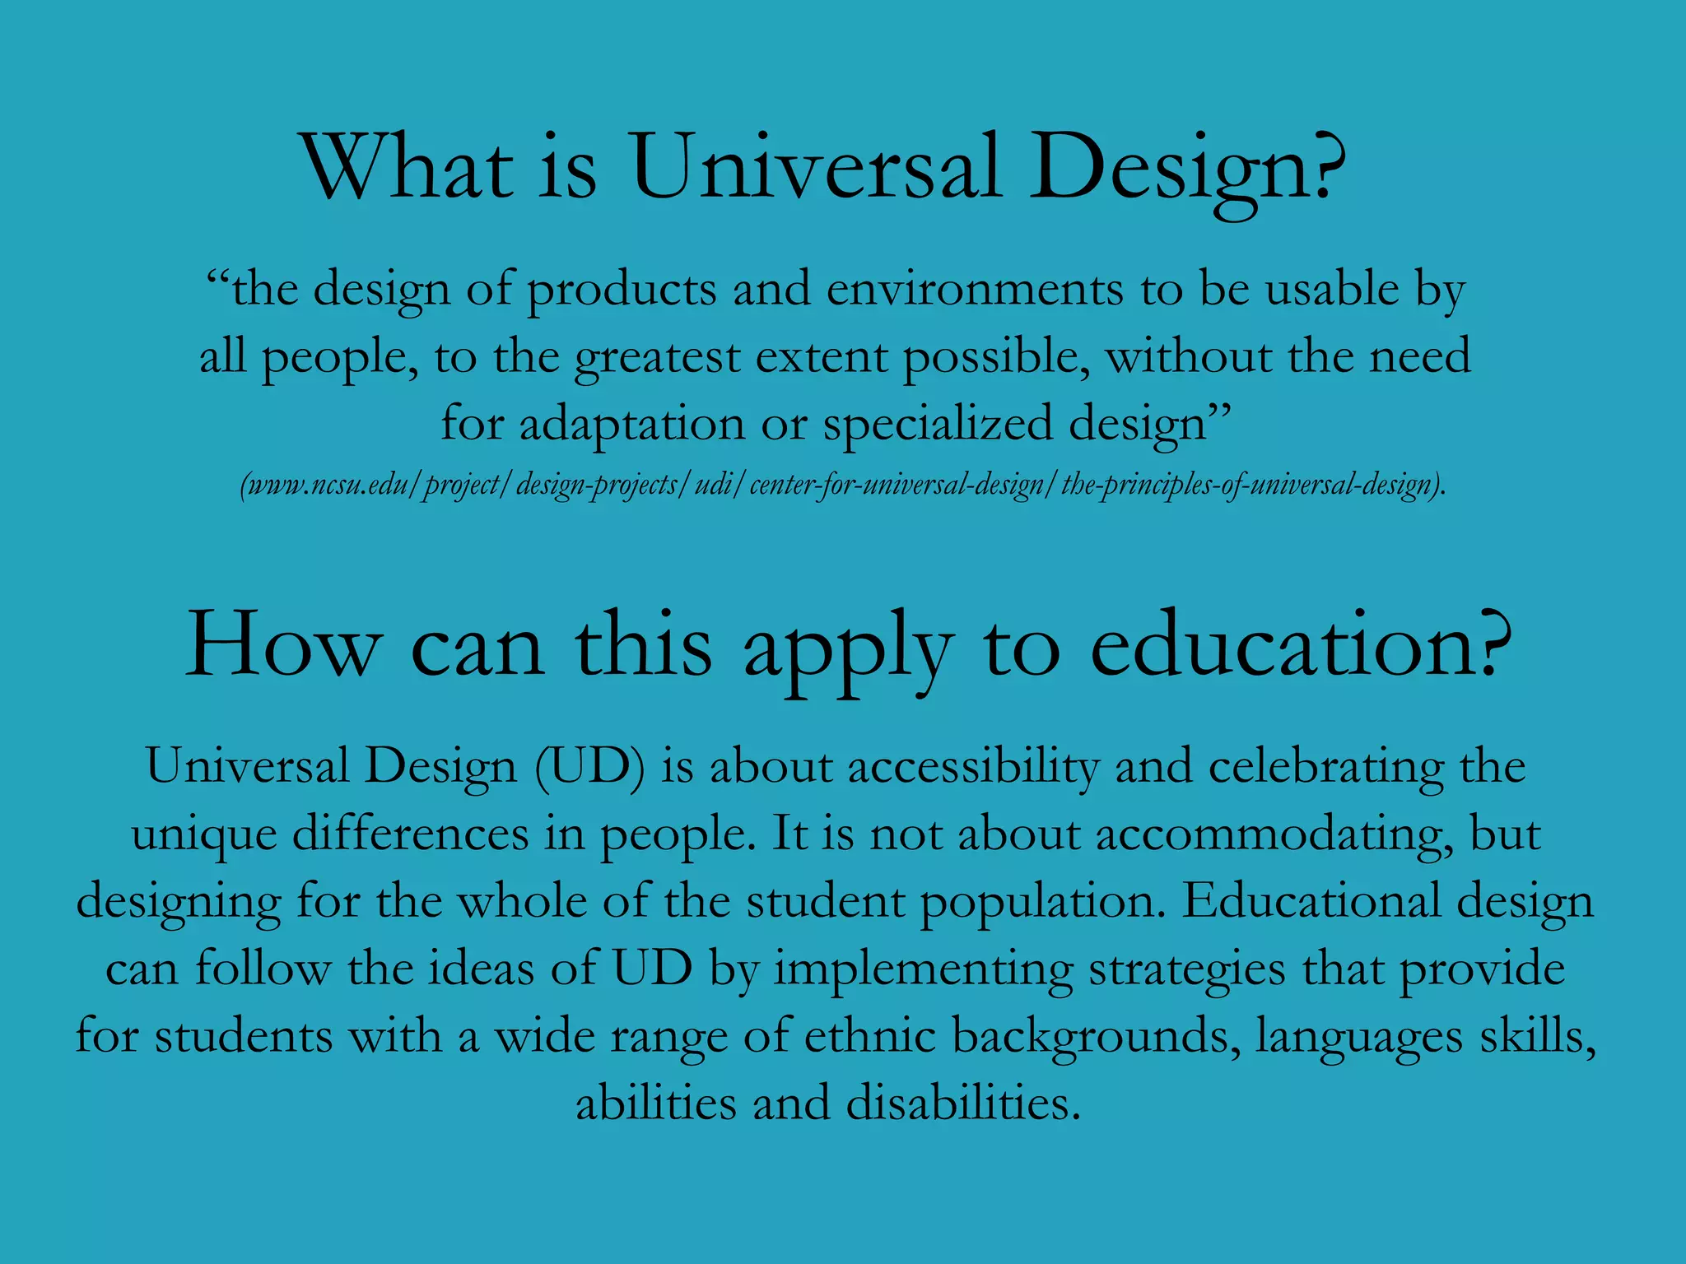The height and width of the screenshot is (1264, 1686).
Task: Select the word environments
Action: pos(975,290)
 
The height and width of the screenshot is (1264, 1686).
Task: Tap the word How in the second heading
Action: pos(284,647)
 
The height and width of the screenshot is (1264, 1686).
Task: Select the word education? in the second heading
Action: pos(1302,647)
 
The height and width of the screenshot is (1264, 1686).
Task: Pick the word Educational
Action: pos(1312,901)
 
